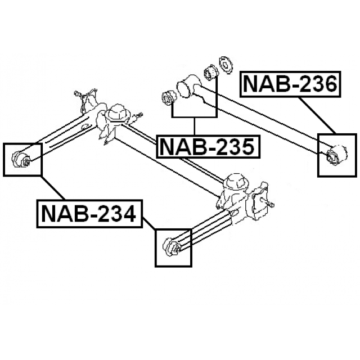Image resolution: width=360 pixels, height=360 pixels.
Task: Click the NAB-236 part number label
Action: pos(291,84)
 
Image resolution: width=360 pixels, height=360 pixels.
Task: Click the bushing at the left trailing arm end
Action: pos(22,160)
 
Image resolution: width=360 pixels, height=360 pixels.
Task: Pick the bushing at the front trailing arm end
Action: pos(172,247)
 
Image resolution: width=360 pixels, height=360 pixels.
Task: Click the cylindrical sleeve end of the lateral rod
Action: pos(187,87)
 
